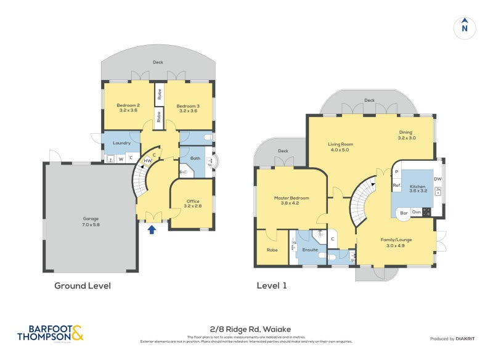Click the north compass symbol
coord(465,27)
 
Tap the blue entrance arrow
coord(152,229)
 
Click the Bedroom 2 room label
coord(128,108)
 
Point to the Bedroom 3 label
coord(187,108)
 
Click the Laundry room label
coord(122,143)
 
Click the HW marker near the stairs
coord(147,161)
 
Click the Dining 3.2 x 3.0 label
coord(406,135)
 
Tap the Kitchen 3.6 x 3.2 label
coord(418,188)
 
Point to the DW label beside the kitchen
coord(438,179)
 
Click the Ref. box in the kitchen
coord(397,186)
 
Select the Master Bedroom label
coord(291,200)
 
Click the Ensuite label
coord(310,250)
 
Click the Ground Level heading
coord(82,285)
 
